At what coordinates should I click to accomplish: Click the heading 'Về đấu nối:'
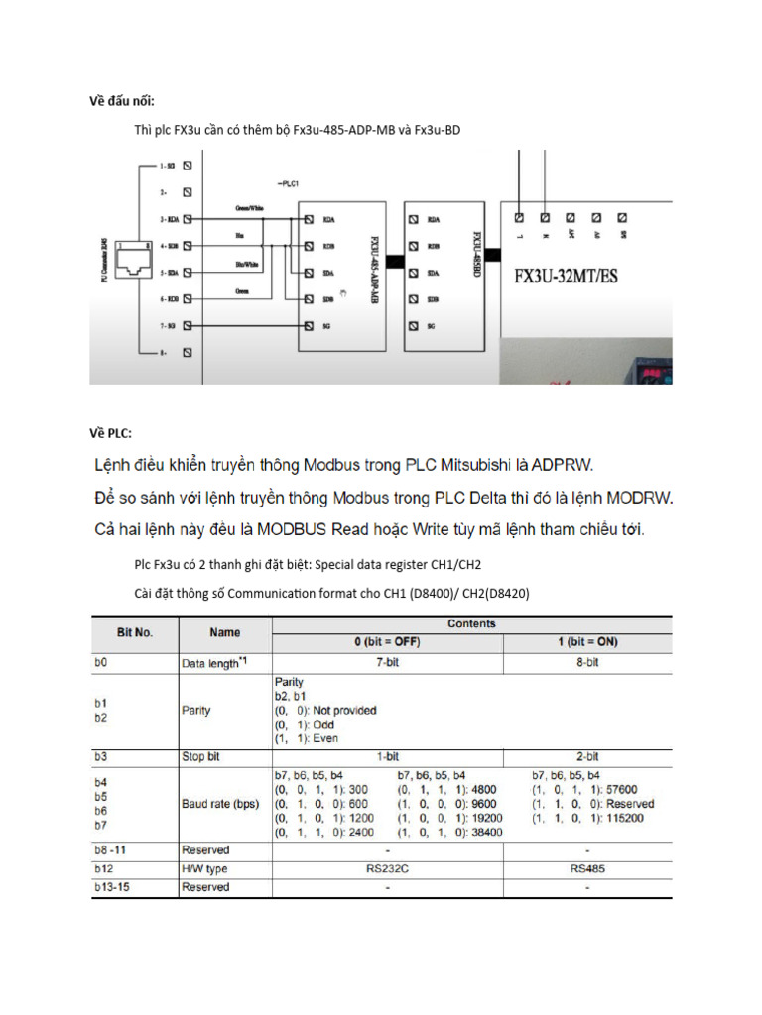coord(123,100)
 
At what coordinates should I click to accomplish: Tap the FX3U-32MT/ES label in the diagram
coord(565,277)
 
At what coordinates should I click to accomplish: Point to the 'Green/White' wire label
coord(249,209)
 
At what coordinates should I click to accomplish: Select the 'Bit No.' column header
coord(135,631)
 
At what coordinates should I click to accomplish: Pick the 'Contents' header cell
coord(472,623)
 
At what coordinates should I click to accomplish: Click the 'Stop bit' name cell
coord(200,756)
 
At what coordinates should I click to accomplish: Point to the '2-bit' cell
coord(588,756)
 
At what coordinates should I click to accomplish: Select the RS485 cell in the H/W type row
coord(588,868)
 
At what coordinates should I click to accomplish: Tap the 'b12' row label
coord(102,868)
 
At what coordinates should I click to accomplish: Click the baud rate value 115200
coord(623,819)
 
